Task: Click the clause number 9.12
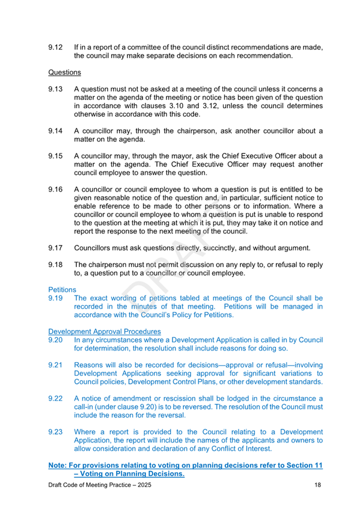[56, 47]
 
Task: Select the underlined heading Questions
[64, 73]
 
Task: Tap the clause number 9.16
[56, 189]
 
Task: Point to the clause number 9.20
[56, 340]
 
